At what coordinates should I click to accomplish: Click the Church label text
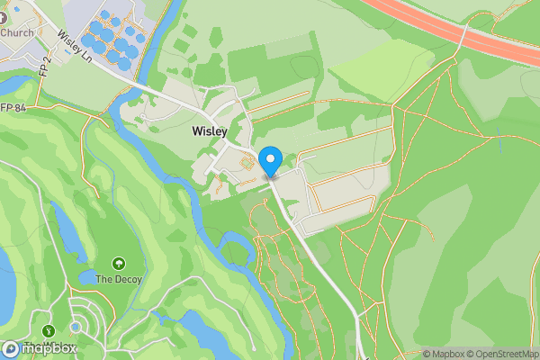18,32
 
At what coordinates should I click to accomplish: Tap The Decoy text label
120,279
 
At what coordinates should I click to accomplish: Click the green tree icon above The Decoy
119,264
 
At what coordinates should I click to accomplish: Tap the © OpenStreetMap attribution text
497,354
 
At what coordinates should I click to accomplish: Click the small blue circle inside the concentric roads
77,326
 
